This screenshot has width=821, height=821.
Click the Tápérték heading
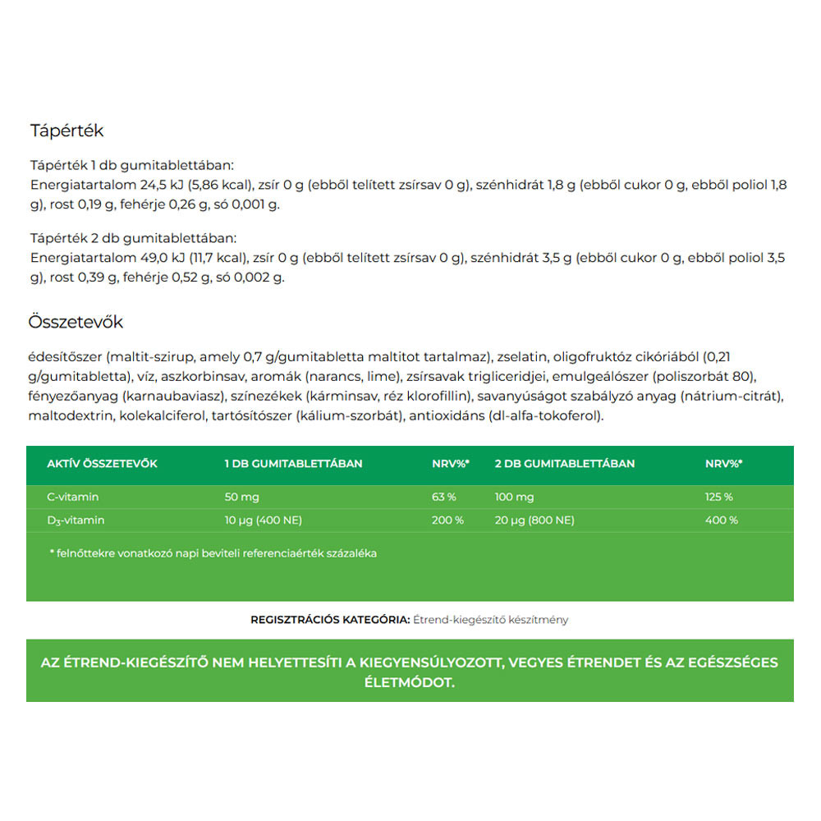click(67, 131)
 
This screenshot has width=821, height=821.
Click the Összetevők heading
click(76, 322)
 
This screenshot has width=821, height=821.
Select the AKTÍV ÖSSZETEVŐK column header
click(102, 464)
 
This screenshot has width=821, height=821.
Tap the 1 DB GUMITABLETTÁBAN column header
click(293, 464)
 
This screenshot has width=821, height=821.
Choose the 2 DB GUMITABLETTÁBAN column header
click(564, 464)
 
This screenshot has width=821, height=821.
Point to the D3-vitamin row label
click(76, 521)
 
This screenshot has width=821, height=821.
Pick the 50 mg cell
click(241, 497)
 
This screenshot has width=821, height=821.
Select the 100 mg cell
click(514, 497)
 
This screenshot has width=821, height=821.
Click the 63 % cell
click(444, 497)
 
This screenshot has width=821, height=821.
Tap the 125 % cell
click(719, 497)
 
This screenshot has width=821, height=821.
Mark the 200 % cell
click(447, 520)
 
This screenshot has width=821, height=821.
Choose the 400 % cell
click(722, 520)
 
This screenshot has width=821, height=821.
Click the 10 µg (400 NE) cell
click(264, 520)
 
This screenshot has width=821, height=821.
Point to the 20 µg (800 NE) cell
click(534, 520)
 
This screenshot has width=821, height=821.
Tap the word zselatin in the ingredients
click(522, 357)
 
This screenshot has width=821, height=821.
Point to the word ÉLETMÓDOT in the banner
click(410, 682)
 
